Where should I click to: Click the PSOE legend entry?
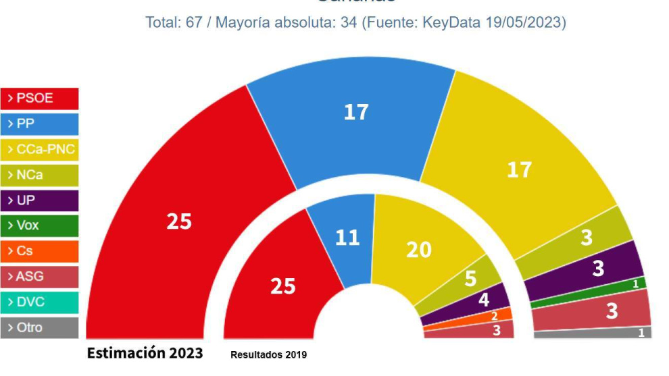pos(40,99)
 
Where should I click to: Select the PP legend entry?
pos(40,124)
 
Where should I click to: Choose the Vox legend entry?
pos(40,226)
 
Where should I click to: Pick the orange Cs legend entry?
pos(40,251)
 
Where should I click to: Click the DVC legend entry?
pos(40,302)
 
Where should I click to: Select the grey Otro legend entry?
pos(40,327)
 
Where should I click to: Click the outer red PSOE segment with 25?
pos(179,221)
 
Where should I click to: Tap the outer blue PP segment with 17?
pos(355,112)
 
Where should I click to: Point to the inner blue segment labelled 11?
pos(347,237)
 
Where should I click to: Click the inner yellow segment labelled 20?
pos(418,250)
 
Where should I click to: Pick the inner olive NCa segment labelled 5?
pos(470,278)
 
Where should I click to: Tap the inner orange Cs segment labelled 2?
pos(494,315)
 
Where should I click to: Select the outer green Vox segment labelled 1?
pos(634,285)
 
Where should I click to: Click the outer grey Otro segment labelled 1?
pos(640,332)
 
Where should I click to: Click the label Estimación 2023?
pos(145,352)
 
